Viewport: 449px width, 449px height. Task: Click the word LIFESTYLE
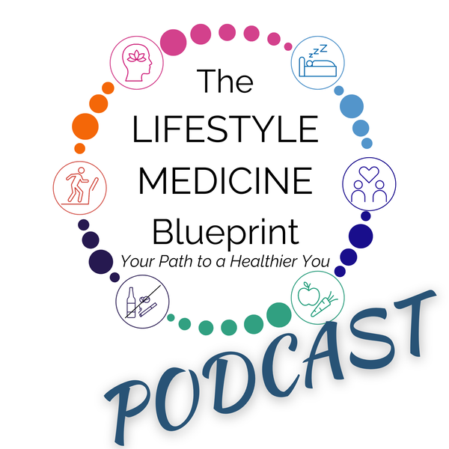coord(224,129)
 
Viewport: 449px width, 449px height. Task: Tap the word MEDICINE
coord(224,180)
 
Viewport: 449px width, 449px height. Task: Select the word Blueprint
coord(224,229)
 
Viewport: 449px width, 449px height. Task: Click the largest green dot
coord(278,314)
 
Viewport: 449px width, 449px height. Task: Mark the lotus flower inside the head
coord(138,55)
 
